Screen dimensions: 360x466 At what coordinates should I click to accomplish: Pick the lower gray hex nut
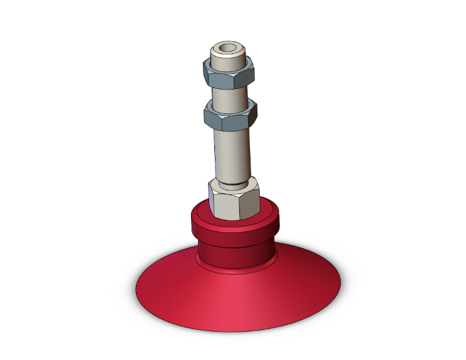229,116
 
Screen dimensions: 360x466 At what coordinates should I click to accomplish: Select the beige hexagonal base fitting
234,199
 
